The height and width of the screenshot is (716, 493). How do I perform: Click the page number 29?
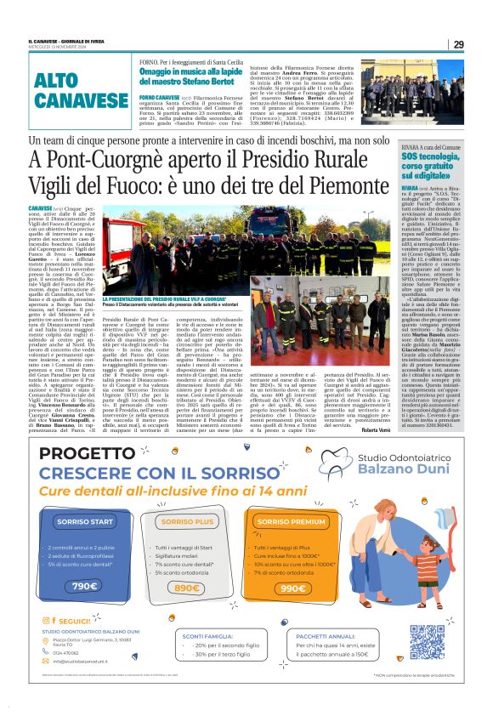click(458, 44)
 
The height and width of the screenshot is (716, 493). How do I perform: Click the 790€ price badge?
click(84, 587)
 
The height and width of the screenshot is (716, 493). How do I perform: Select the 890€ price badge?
click(185, 588)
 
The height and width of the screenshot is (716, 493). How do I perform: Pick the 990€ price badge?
click(292, 588)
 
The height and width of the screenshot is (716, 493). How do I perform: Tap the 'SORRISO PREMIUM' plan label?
click(291, 521)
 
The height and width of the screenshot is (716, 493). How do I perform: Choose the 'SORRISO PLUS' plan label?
click(187, 520)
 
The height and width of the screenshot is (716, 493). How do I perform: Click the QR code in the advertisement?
click(428, 641)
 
